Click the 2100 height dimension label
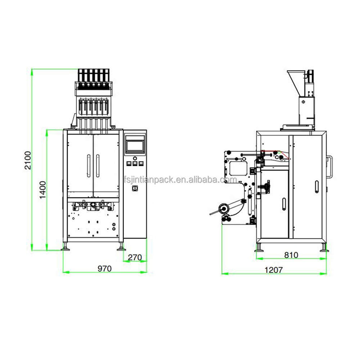[28, 160]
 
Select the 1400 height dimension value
[43, 190]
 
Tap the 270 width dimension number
[135, 258]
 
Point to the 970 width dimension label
[105, 269]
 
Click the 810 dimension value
[291, 255]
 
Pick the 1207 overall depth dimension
[274, 270]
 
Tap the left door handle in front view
[89, 166]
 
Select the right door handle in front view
[98, 166]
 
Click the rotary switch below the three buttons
[135, 188]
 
